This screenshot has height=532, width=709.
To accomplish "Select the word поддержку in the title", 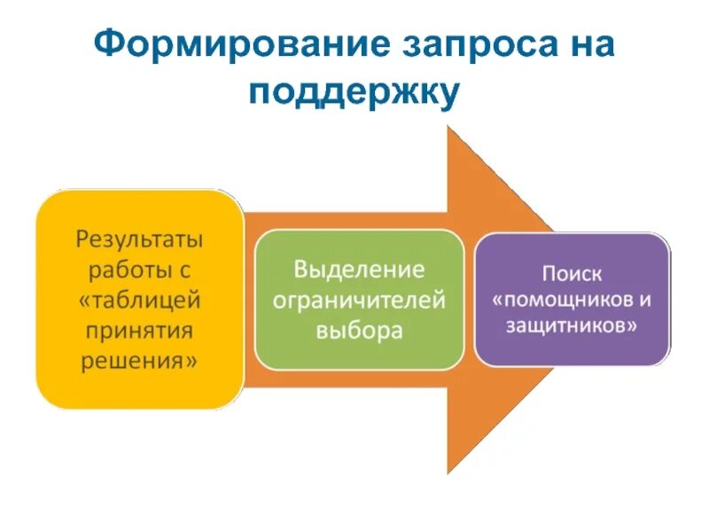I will pyautogui.click(x=354, y=92).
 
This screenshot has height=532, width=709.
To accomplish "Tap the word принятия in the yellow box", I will pyautogui.click(x=139, y=330).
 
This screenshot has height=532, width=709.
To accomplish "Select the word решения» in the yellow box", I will pyautogui.click(x=139, y=360).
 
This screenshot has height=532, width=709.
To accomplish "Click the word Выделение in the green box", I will pyautogui.click(x=359, y=269).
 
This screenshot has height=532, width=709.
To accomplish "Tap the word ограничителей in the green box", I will pyautogui.click(x=359, y=300).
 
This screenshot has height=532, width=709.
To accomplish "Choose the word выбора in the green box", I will pyautogui.click(x=359, y=331).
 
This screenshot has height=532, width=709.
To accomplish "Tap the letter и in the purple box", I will pyautogui.click(x=645, y=299).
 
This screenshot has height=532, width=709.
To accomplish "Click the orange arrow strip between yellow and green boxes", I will pyautogui.click(x=249, y=301).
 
